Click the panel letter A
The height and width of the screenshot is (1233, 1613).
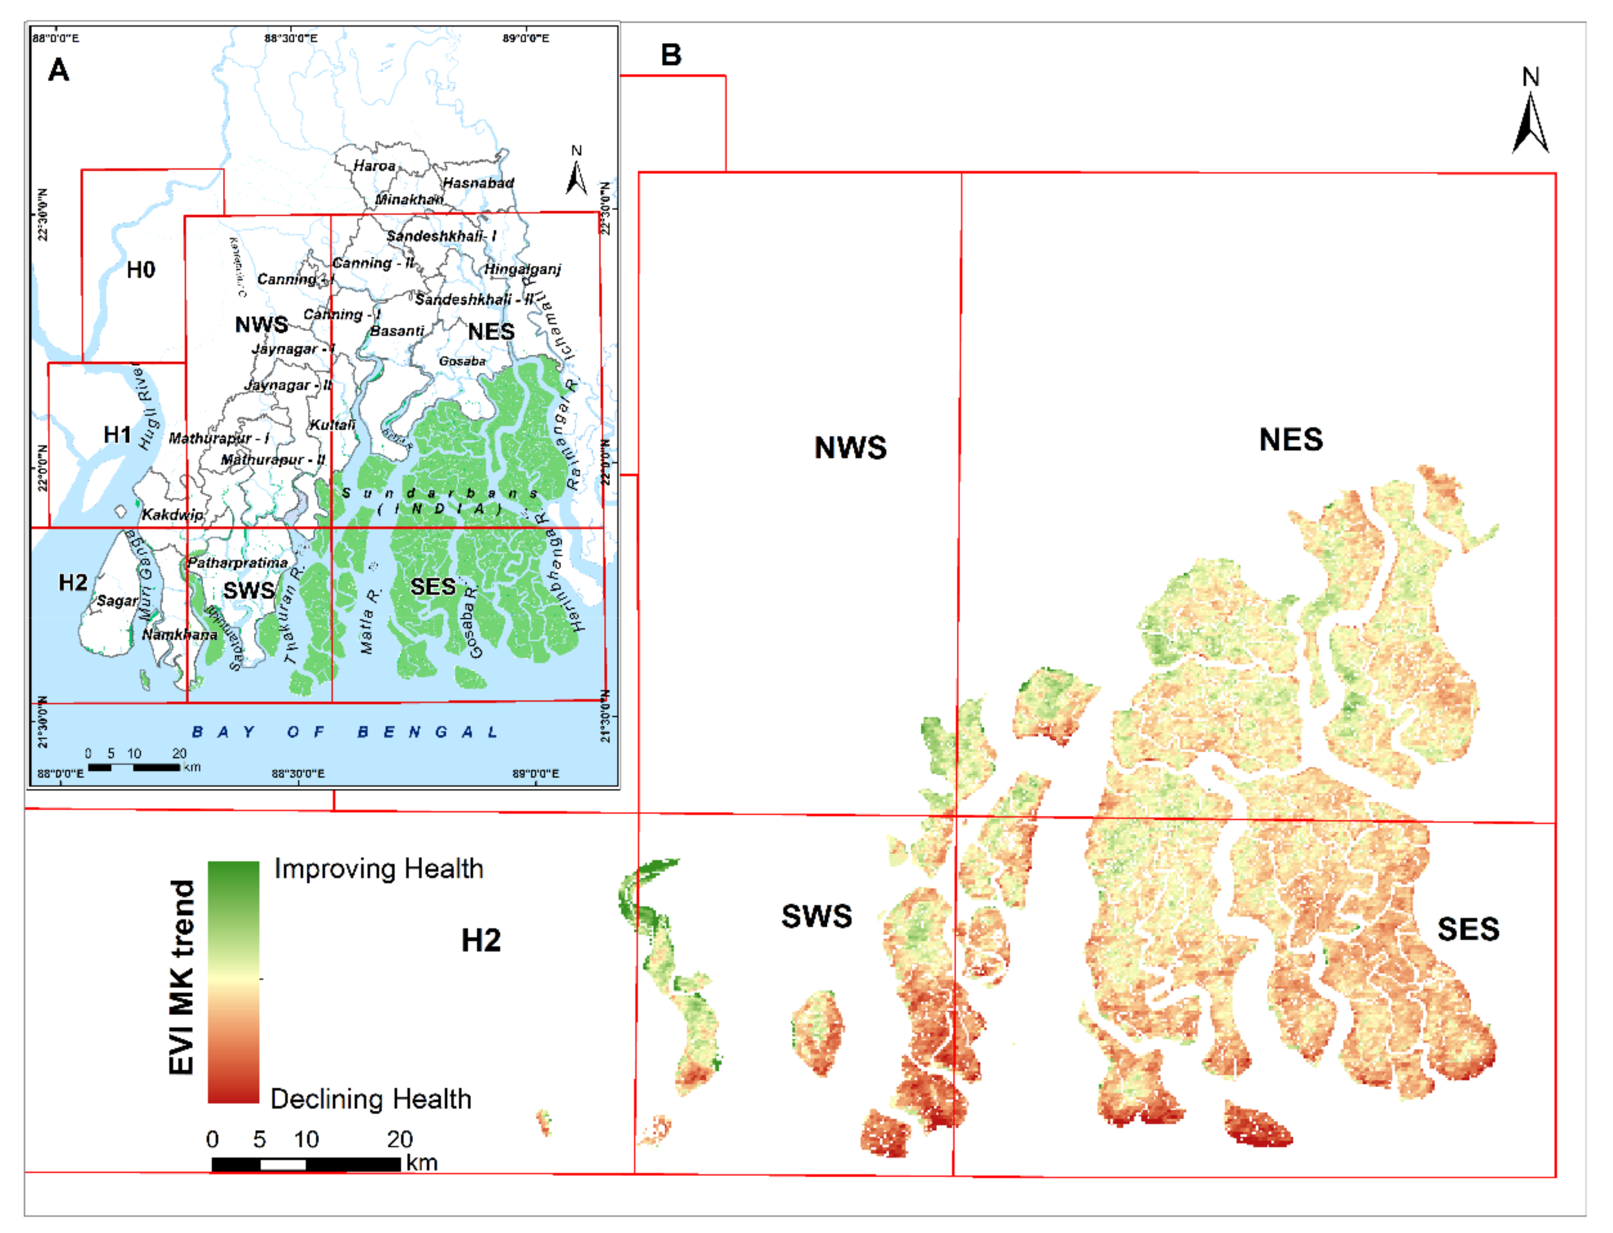pyautogui.click(x=58, y=71)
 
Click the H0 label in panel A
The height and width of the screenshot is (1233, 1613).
pyautogui.click(x=140, y=270)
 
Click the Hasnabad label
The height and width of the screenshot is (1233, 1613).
pyautogui.click(x=478, y=183)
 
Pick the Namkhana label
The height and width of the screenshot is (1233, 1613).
pyautogui.click(x=180, y=635)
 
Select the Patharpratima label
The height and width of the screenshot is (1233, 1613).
pyautogui.click(x=237, y=563)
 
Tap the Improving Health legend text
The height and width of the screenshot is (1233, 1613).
pyautogui.click(x=379, y=869)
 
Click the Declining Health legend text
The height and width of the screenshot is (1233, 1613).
pyautogui.click(x=371, y=1100)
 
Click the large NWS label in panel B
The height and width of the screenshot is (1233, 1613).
pyautogui.click(x=850, y=448)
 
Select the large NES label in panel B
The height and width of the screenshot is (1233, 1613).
pyautogui.click(x=1291, y=440)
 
